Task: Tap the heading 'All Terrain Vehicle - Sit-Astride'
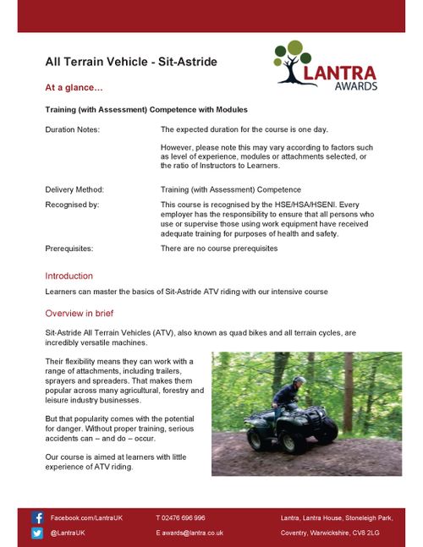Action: [131, 62]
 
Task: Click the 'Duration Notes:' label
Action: [72, 129]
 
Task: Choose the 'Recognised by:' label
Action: [72, 205]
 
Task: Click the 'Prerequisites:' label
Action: [69, 249]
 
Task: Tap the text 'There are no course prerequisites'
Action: [219, 249]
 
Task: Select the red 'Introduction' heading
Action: [69, 276]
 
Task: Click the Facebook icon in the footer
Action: [38, 517]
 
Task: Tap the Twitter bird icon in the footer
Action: [38, 533]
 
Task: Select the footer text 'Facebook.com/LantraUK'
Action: [87, 517]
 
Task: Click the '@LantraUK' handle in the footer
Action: [68, 533]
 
